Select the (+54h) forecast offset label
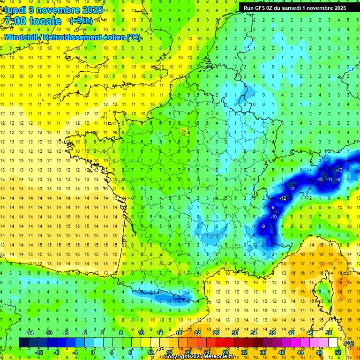pyautogui.click(x=80, y=21)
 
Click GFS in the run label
pyautogui.click(x=265, y=7)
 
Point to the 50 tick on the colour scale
pyautogui.click(x=329, y=333)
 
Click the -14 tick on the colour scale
pyautogui.click(x=30, y=333)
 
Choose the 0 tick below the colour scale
pyautogui.click(x=92, y=352)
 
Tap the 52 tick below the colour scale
pyautogui.click(x=337, y=352)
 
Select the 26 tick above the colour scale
pyautogui.click(x=216, y=333)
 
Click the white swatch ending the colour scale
pyautogui.click(x=333, y=343)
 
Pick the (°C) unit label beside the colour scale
pyautogui.click(x=349, y=343)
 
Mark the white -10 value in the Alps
pyautogui.click(x=273, y=217)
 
